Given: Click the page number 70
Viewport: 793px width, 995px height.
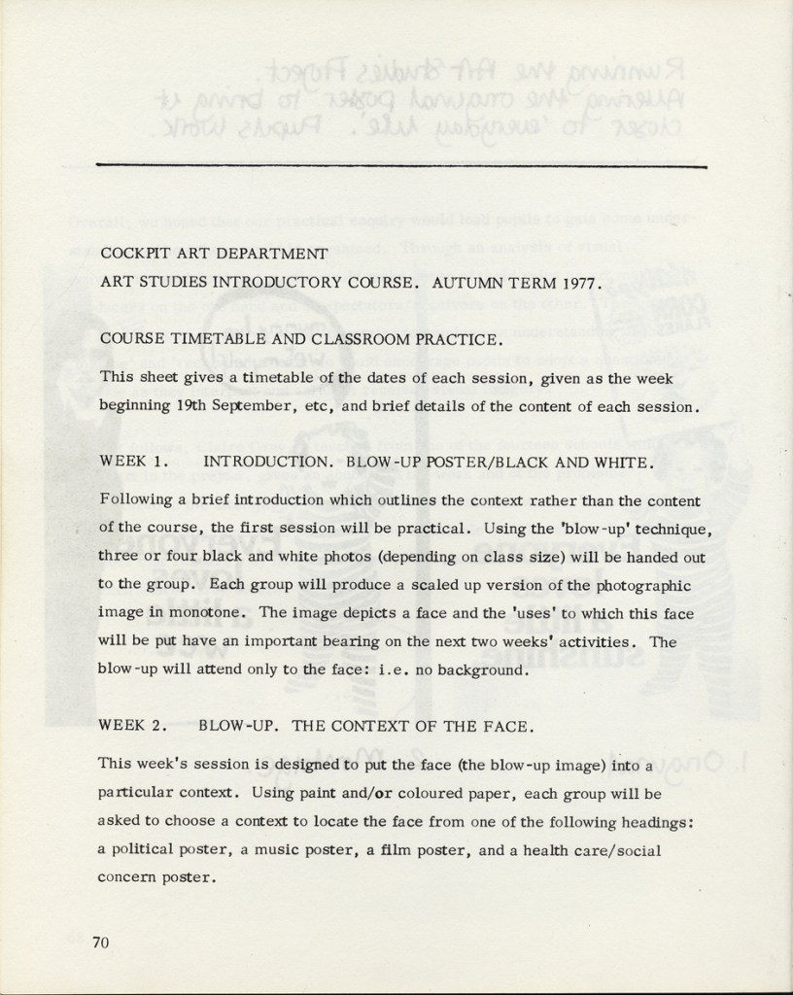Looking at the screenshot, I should (x=101, y=941).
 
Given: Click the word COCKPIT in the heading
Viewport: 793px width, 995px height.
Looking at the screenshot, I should (x=132, y=255).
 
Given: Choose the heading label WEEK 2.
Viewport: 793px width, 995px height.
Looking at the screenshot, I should (x=135, y=726).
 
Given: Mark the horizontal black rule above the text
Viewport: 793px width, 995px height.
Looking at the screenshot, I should (x=402, y=165).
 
